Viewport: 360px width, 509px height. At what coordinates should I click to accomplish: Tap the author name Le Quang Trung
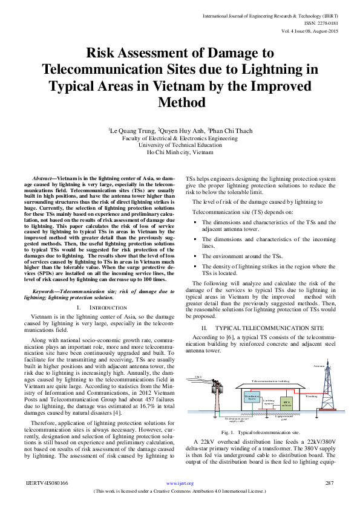(x=133, y=131)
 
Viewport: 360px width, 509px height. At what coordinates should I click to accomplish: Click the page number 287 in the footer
(x=329, y=484)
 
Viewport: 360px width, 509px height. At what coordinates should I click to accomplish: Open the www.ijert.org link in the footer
(x=180, y=484)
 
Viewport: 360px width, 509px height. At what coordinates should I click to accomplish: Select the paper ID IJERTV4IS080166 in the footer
(x=47, y=484)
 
